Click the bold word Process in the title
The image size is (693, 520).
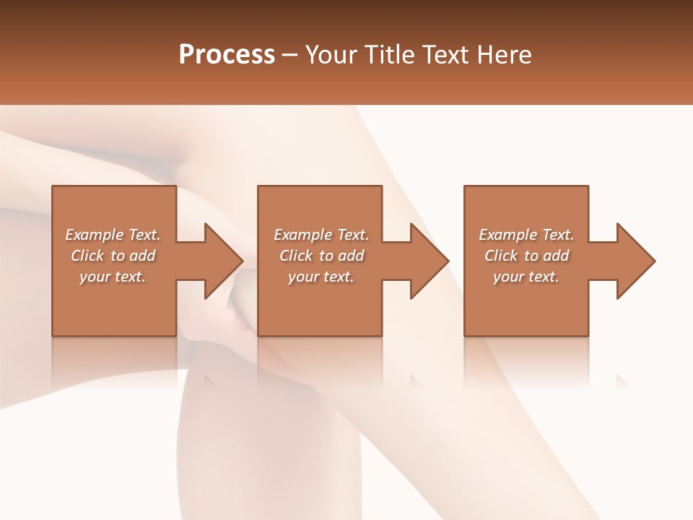click(x=227, y=55)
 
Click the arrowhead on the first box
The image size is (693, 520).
click(x=220, y=261)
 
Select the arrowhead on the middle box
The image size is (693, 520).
click(x=427, y=261)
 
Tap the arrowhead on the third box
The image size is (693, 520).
click(x=633, y=261)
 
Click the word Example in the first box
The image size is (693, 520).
click(x=94, y=235)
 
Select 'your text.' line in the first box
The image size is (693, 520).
click(x=113, y=277)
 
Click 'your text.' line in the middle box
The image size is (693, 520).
click(x=321, y=277)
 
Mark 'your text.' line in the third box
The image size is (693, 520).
click(x=526, y=277)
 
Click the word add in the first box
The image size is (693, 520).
click(x=143, y=256)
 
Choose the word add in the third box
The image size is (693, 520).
click(x=557, y=256)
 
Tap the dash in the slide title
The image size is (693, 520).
click(x=290, y=55)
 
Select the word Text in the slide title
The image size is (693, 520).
click(x=446, y=55)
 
